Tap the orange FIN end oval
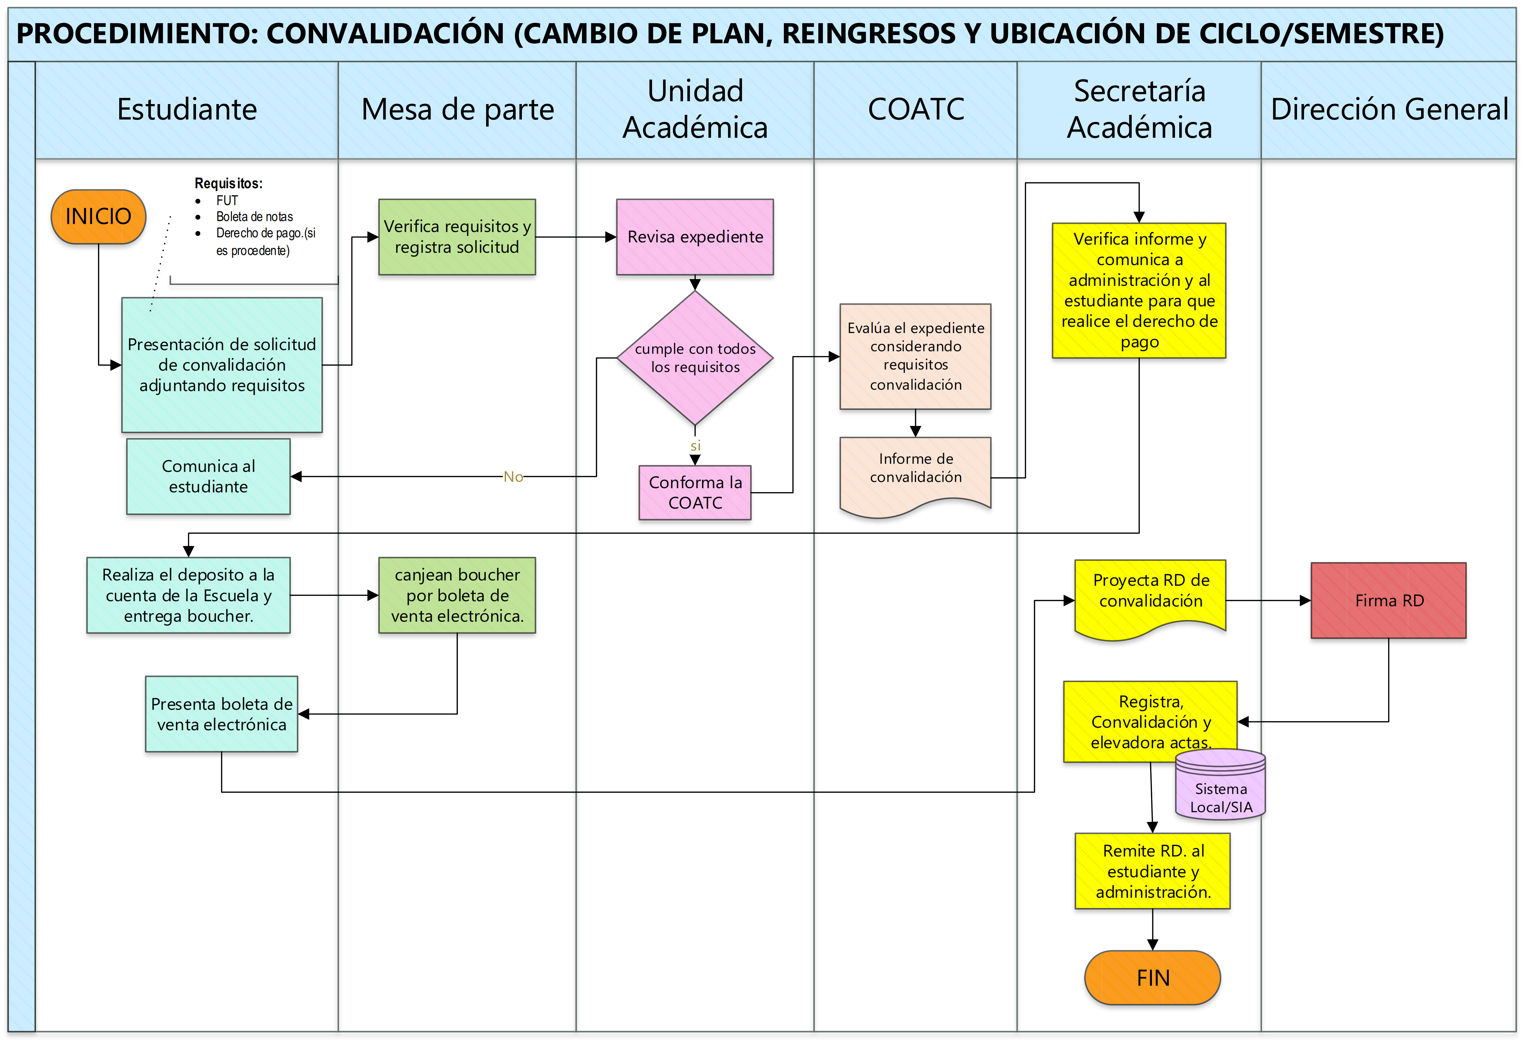coord(1153,977)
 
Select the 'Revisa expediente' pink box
coord(695,237)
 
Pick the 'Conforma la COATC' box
coord(695,492)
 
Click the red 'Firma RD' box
coord(1389,600)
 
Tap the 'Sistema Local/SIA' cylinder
coord(1220,784)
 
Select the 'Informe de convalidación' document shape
coord(915,477)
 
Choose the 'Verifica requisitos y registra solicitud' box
coord(457,237)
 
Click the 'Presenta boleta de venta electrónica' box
coord(222,714)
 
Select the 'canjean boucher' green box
coord(457,595)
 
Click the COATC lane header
coord(916,109)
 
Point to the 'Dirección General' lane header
coord(1389,109)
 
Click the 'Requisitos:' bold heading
coord(228,183)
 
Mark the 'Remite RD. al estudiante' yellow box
coord(1153,871)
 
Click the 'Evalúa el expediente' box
coord(915,356)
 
